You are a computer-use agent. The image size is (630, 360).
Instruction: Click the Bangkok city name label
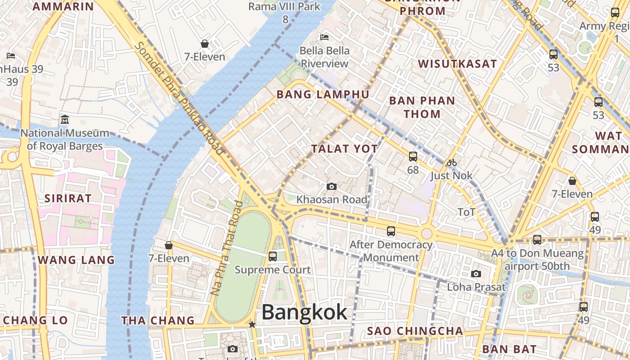click(x=304, y=312)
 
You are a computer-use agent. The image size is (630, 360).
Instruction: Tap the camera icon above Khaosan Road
click(x=332, y=186)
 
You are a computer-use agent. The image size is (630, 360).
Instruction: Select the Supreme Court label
click(x=273, y=270)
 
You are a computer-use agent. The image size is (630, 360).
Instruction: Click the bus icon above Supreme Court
click(x=273, y=256)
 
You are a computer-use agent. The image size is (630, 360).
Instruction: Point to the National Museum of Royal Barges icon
click(x=65, y=120)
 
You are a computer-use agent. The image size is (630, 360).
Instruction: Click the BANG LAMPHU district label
click(x=323, y=94)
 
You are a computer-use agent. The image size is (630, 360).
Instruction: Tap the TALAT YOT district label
click(x=344, y=149)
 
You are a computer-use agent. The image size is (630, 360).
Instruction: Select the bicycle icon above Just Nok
click(x=452, y=162)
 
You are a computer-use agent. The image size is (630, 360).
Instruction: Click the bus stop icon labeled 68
click(x=413, y=157)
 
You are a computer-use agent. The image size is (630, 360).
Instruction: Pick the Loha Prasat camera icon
click(x=476, y=274)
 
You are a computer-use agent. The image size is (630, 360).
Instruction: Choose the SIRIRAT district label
click(x=65, y=198)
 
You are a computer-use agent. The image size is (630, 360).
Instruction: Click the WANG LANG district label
click(x=76, y=260)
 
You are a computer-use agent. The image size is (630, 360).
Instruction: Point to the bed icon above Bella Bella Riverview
click(x=324, y=37)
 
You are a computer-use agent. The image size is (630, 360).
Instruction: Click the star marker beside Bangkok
click(x=252, y=324)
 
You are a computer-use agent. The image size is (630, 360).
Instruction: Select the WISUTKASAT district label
click(x=458, y=64)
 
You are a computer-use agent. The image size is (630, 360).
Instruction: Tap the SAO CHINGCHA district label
click(x=415, y=331)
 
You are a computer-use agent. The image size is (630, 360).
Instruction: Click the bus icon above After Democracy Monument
click(x=391, y=231)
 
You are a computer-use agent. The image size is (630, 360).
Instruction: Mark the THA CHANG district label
click(x=158, y=321)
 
